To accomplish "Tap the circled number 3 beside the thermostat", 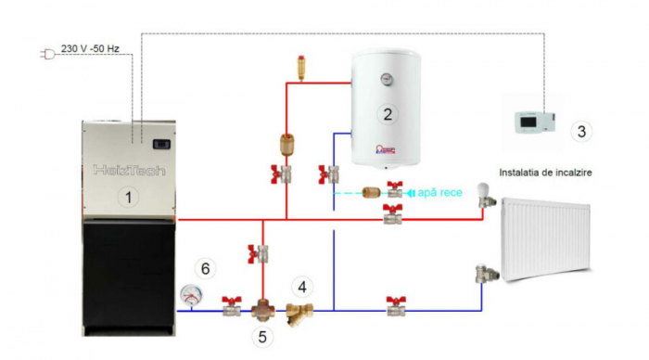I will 581,131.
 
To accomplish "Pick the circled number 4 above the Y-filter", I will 302,284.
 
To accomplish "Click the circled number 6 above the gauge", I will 207,268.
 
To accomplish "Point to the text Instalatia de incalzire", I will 545,173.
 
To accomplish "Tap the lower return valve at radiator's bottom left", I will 483,272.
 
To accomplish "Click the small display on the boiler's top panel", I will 163,144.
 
